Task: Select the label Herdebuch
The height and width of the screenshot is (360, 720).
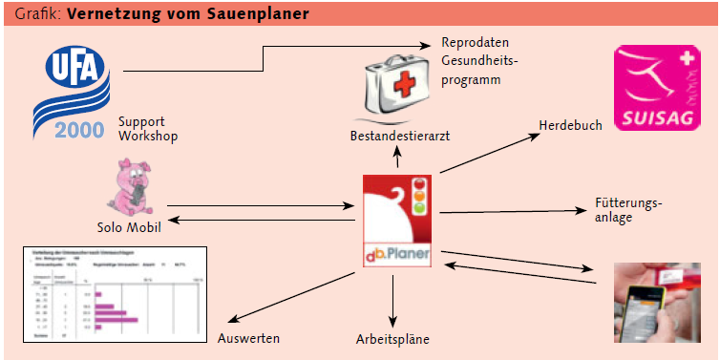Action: point(570,126)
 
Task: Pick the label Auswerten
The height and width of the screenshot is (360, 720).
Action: point(249,338)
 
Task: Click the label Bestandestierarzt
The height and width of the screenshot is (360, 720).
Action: point(399,138)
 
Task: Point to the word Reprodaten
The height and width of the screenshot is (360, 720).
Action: point(475,44)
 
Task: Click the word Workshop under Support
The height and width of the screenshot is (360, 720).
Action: point(149,136)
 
